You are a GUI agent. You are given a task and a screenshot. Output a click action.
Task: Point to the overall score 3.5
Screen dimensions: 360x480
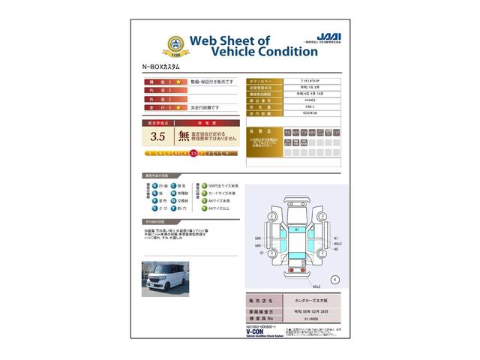[x=157, y=136]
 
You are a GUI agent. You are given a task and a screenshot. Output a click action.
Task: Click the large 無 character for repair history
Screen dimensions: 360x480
[x=183, y=136]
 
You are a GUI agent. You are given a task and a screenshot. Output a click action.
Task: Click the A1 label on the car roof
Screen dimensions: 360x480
[x=297, y=229]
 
